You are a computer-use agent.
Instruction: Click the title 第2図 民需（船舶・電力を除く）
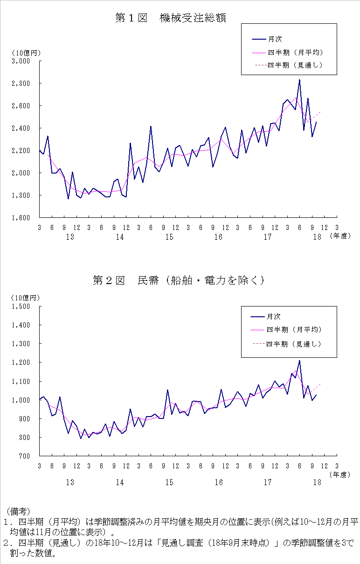(179, 280)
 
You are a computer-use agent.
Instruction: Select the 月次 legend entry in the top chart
(275, 39)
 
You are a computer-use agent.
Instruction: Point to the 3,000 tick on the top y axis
(21, 61)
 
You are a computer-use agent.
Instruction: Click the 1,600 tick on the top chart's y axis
(21, 218)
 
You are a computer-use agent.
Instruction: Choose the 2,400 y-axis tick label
(21, 128)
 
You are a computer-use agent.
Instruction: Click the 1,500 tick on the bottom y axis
(21, 306)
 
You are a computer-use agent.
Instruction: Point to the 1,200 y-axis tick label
(21, 362)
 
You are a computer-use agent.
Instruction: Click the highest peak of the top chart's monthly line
(299, 80)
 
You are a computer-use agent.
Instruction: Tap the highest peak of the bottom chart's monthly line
(299, 361)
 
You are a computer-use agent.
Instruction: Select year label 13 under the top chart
(70, 237)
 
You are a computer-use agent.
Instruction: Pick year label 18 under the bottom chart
(317, 482)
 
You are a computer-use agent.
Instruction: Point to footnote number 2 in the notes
(6, 543)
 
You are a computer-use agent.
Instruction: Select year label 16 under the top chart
(218, 237)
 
